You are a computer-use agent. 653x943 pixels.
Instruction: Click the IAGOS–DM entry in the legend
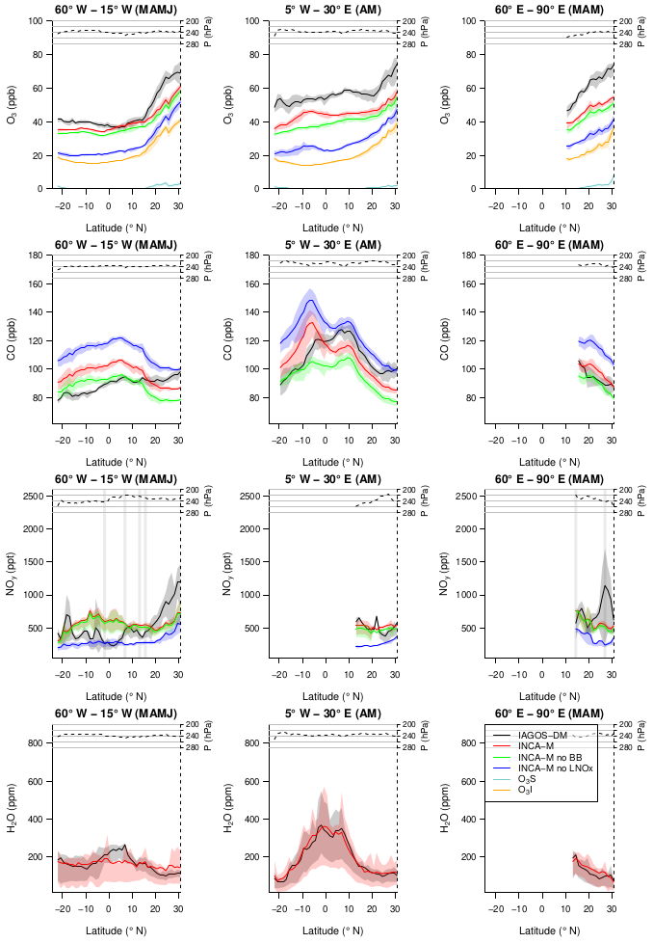pyautogui.click(x=538, y=736)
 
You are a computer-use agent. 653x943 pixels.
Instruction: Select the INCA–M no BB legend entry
pyautogui.click(x=544, y=758)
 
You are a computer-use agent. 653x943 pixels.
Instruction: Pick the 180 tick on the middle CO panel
pyautogui.click(x=254, y=256)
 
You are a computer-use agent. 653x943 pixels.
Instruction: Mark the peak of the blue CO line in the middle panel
pyautogui.click(x=309, y=300)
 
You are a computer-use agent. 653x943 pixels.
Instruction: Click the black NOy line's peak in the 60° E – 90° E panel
pyautogui.click(x=605, y=585)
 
